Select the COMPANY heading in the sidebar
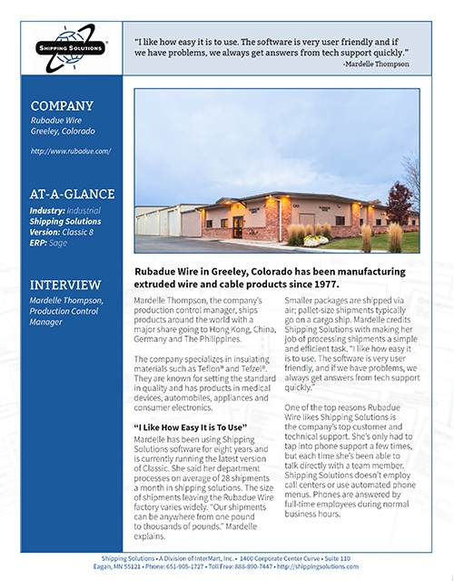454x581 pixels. pos(60,105)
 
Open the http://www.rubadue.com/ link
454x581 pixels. pos(71,151)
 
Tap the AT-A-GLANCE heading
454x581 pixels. pos(73,193)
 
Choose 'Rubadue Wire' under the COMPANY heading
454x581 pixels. pos(57,120)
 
